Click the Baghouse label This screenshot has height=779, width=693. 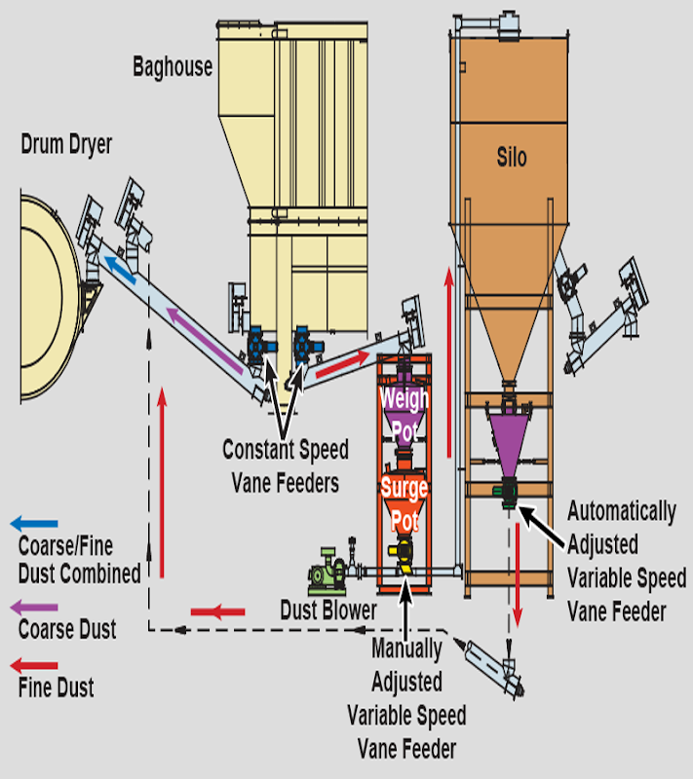[x=173, y=67]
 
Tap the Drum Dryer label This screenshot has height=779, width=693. [x=66, y=146]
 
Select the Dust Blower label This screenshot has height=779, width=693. [x=327, y=611]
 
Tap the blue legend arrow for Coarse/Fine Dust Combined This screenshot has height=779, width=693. [x=33, y=524]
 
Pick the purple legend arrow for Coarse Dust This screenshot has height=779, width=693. [x=33, y=607]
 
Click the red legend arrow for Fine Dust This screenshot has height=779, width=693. [x=33, y=665]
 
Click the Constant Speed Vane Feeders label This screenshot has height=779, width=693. [x=285, y=465]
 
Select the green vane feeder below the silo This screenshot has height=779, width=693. [x=507, y=494]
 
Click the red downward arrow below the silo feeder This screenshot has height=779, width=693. [x=519, y=578]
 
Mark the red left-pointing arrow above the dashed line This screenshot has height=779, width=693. [x=216, y=612]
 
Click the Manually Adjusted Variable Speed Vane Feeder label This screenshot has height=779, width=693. [x=406, y=697]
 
